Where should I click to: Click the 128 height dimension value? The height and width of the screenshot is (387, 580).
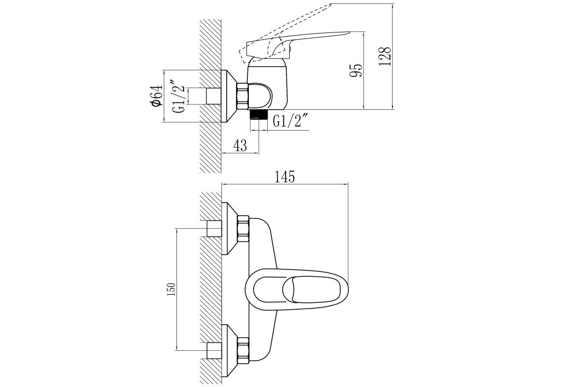(x=385, y=57)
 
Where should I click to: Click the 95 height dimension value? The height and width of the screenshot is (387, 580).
(x=355, y=70)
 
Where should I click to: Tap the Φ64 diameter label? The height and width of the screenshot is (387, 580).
(x=156, y=95)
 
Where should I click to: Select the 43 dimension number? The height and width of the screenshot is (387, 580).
(x=240, y=146)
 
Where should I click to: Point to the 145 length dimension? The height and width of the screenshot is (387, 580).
(x=285, y=177)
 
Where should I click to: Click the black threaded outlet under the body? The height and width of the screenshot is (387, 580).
(x=259, y=114)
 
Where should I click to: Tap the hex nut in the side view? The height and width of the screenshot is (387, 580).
(x=243, y=96)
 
